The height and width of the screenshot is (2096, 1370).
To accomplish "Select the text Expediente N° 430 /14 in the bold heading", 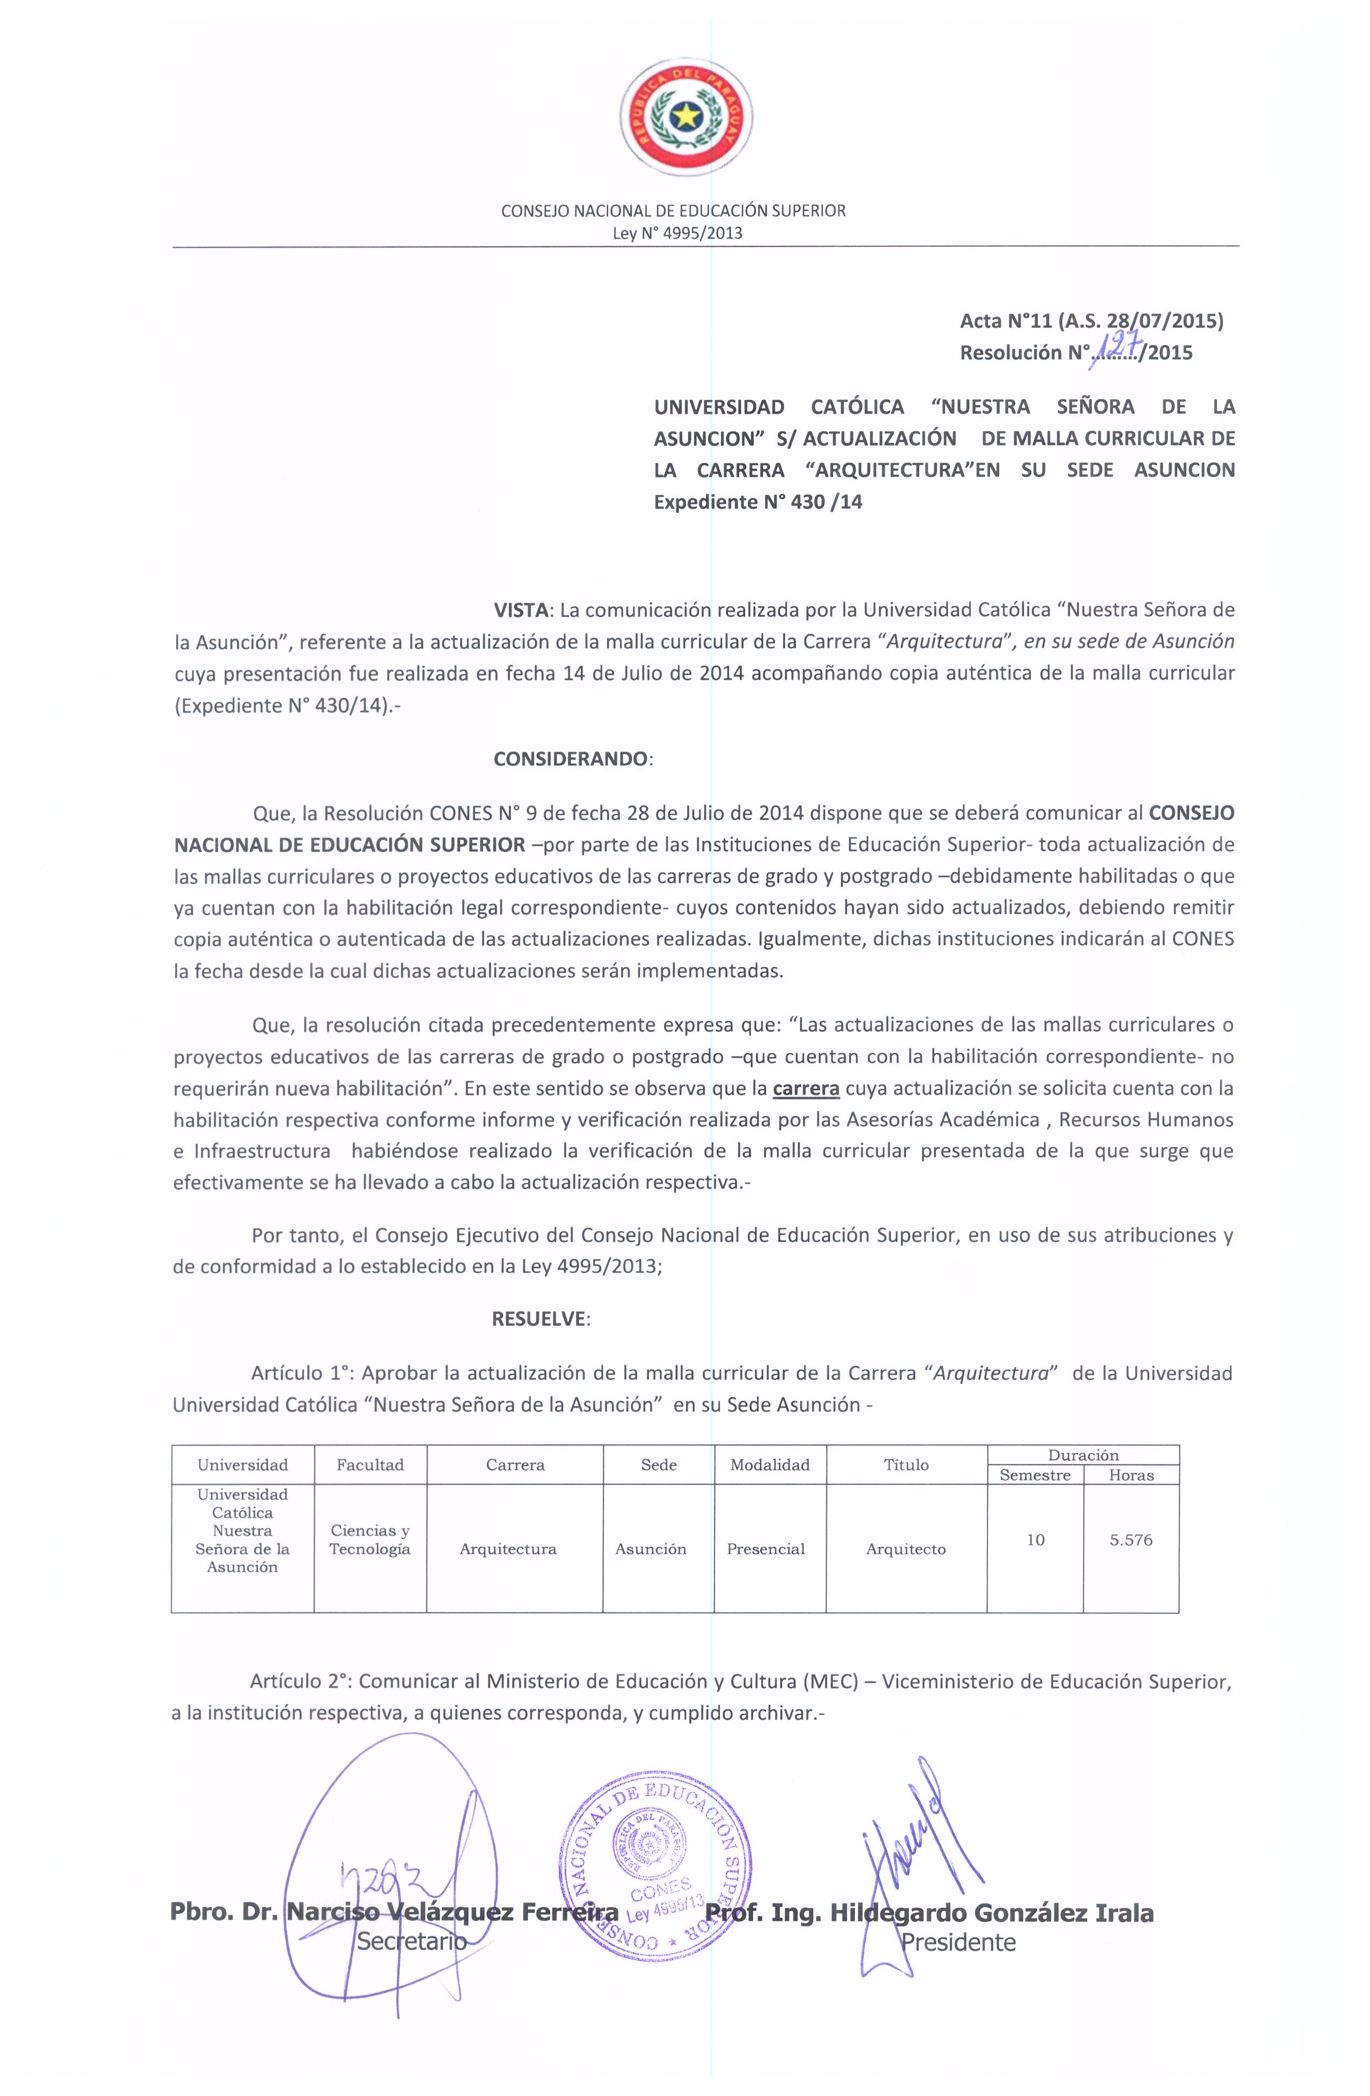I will [757, 502].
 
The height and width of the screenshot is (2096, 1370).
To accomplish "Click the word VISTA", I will [521, 609].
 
